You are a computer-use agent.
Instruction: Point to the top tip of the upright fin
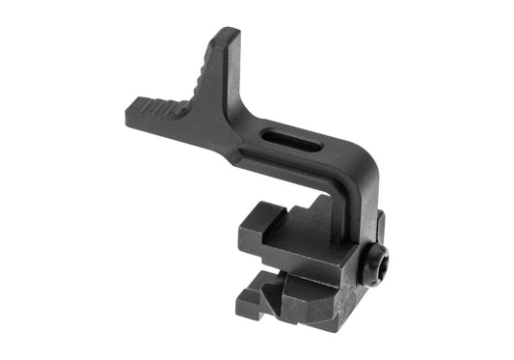(230, 35)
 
